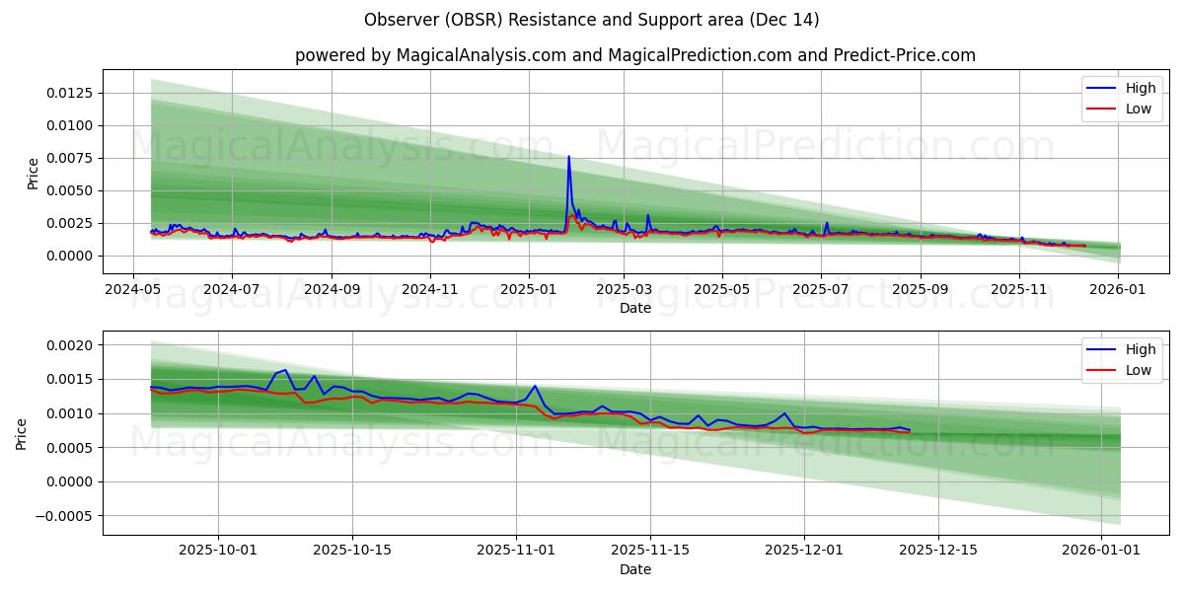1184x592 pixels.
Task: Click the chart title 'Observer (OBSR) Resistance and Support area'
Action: point(591,20)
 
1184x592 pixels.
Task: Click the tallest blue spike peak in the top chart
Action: point(568,156)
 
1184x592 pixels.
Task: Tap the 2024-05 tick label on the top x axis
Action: point(133,289)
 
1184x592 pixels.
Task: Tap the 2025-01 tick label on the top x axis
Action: point(529,289)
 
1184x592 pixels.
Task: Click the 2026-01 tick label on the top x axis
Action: point(1118,289)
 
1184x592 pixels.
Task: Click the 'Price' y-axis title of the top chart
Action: point(33,173)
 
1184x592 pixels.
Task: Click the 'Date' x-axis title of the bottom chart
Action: point(634,569)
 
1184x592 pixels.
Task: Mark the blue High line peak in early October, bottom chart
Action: point(285,370)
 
